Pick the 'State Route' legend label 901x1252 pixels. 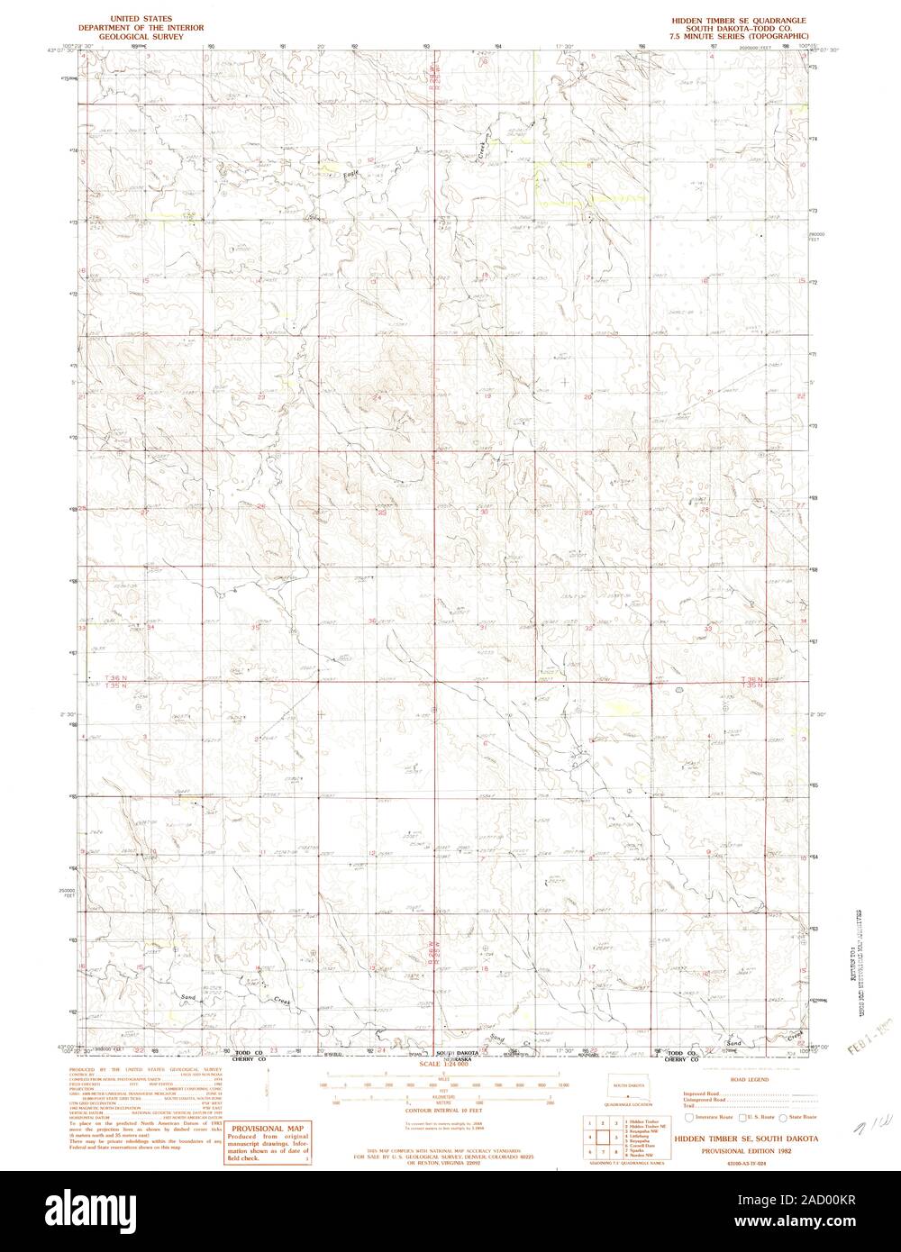(803, 1118)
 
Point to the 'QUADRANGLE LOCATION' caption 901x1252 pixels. (623, 1104)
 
